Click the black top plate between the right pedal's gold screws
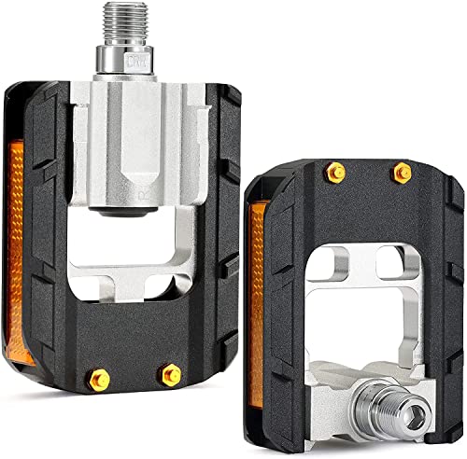[x=370, y=182]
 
